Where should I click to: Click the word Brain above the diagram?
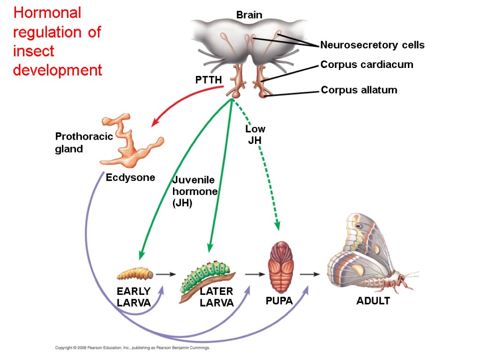tap(249, 15)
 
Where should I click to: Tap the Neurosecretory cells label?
tap(372, 45)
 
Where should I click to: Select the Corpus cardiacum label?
tap(367, 65)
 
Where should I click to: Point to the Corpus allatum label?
tap(359, 90)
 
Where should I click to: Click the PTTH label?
tap(209, 80)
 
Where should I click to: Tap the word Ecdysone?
tap(130, 178)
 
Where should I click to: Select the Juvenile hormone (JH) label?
tap(194, 192)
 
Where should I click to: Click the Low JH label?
tap(255, 134)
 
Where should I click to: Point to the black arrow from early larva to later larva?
tap(166, 274)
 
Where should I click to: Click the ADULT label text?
tap(373, 301)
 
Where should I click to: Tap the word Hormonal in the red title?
tap(47, 13)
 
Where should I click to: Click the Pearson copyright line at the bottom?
tap(133, 348)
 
